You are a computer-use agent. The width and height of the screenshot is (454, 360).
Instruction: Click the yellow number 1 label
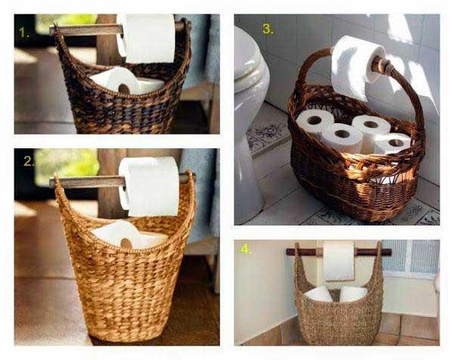[23, 33]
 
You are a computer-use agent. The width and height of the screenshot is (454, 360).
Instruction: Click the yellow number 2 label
[29, 162]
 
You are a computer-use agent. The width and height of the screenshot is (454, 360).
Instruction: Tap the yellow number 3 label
[267, 29]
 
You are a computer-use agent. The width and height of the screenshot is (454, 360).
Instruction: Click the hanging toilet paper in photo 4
[338, 261]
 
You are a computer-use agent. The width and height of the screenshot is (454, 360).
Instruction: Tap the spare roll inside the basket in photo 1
[121, 80]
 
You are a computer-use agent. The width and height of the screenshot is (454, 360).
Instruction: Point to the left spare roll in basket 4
[320, 294]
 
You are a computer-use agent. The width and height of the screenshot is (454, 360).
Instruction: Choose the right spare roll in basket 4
[353, 294]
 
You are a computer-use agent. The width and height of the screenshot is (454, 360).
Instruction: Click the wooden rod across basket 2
[83, 182]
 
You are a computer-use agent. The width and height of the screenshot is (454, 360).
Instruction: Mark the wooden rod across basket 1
[83, 29]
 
